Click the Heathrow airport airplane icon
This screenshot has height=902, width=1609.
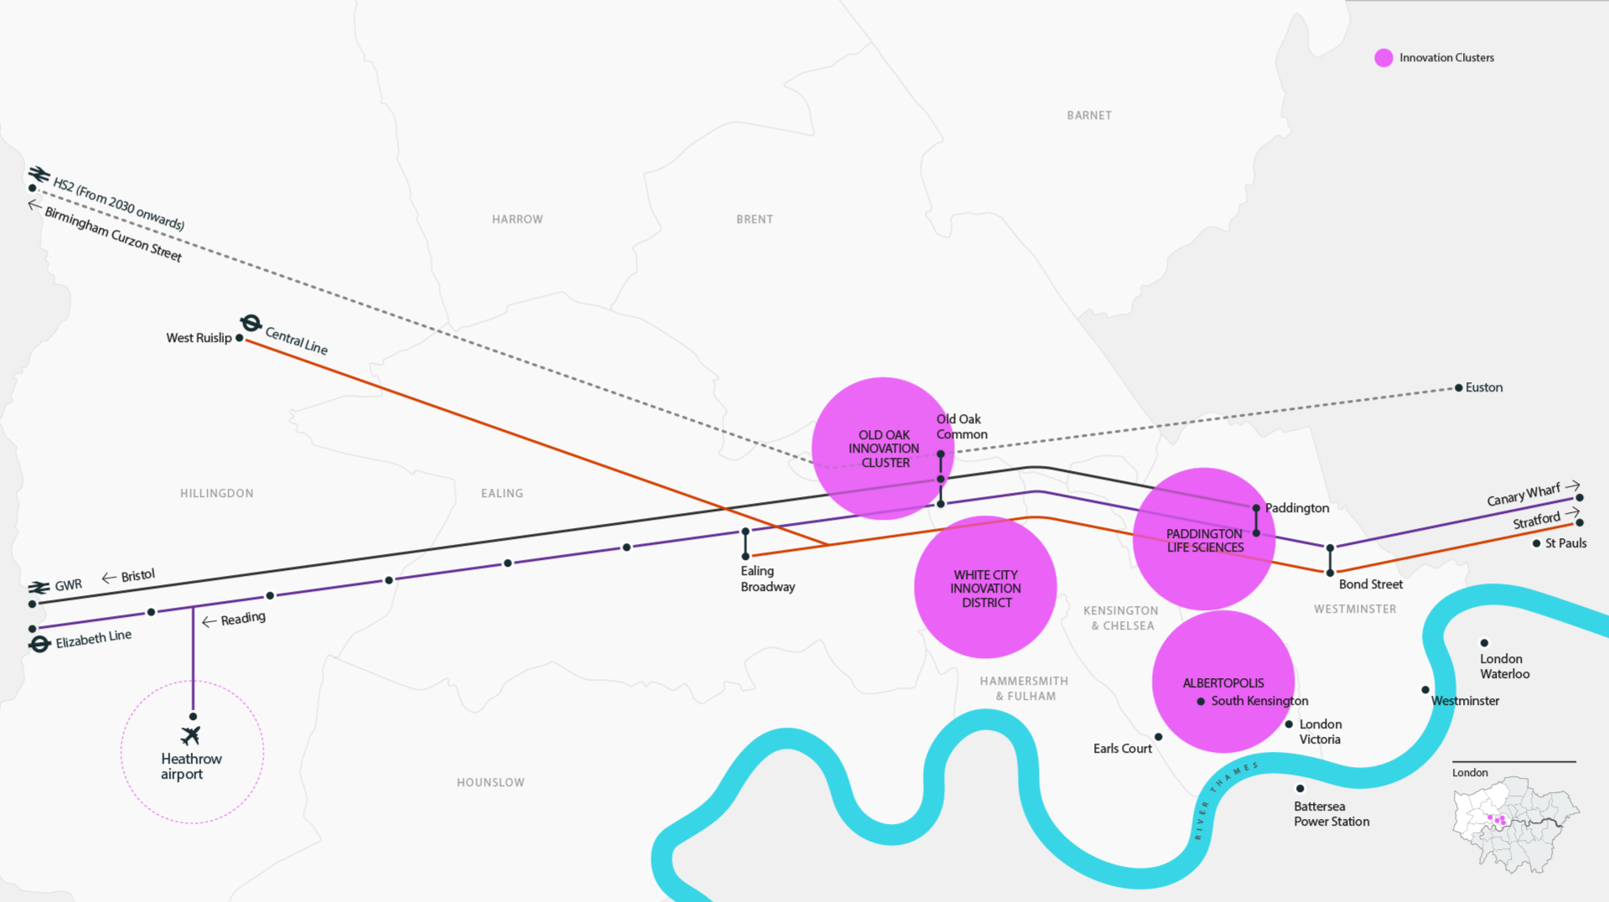coord(191,735)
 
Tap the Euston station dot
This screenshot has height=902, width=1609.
coord(1459,387)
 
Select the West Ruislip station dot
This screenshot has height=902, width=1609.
coord(240,338)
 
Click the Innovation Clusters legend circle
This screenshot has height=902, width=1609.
coord(1383,58)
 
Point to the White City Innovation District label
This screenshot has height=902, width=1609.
coord(985,588)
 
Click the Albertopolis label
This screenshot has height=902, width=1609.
coord(1223,683)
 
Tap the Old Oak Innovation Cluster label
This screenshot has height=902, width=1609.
coord(884,448)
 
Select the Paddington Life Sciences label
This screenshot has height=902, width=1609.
coord(1205,541)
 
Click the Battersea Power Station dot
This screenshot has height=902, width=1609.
coord(1300,789)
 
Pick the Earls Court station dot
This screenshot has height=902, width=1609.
coord(1159,738)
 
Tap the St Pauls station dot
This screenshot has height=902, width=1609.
coord(1537,543)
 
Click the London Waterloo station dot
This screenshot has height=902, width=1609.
coord(1484,643)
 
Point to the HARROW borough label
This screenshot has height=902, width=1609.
coord(517,220)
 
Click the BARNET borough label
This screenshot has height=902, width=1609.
coord(1089,116)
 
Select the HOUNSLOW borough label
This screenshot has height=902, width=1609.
coord(490,783)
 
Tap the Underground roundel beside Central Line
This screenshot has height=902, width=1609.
coord(251,323)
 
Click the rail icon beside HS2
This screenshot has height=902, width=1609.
coord(39,174)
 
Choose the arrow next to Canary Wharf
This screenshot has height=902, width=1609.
coord(1572,486)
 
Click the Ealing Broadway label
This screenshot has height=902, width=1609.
coord(767,578)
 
